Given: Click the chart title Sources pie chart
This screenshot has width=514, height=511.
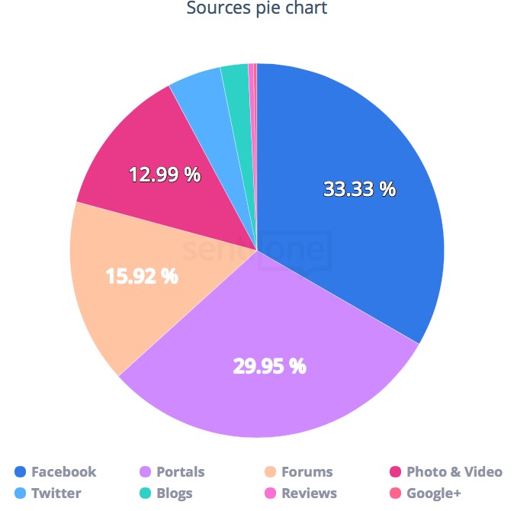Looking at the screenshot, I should click(x=257, y=10).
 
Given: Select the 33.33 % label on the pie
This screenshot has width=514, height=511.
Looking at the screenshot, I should click(x=359, y=189).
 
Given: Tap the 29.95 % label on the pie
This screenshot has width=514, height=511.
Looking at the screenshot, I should click(x=269, y=366).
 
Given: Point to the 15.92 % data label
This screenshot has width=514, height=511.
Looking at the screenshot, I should click(x=142, y=275).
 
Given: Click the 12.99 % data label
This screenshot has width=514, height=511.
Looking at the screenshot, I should click(x=165, y=175).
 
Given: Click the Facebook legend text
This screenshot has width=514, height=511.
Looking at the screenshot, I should click(x=63, y=472).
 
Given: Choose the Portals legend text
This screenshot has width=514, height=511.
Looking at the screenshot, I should click(x=181, y=472).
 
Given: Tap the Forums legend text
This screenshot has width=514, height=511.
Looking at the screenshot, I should click(x=307, y=472).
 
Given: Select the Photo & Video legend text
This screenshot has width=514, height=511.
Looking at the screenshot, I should click(x=455, y=472).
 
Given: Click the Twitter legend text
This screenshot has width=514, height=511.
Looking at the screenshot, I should click(x=56, y=493).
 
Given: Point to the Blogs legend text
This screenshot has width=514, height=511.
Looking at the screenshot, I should click(x=175, y=493).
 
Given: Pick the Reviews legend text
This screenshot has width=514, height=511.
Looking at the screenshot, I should click(x=309, y=493).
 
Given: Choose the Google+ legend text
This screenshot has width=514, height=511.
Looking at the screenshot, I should click(x=434, y=493).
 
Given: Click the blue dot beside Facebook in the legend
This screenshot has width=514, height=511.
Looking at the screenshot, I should click(x=21, y=472).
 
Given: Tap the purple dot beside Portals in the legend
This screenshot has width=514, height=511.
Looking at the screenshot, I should click(x=146, y=472).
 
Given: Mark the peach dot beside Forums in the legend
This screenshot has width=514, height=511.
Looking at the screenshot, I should click(x=271, y=472).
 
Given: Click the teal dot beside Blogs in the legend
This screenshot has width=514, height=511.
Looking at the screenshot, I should click(x=146, y=493).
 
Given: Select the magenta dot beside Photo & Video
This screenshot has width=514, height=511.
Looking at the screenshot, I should click(x=396, y=472).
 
